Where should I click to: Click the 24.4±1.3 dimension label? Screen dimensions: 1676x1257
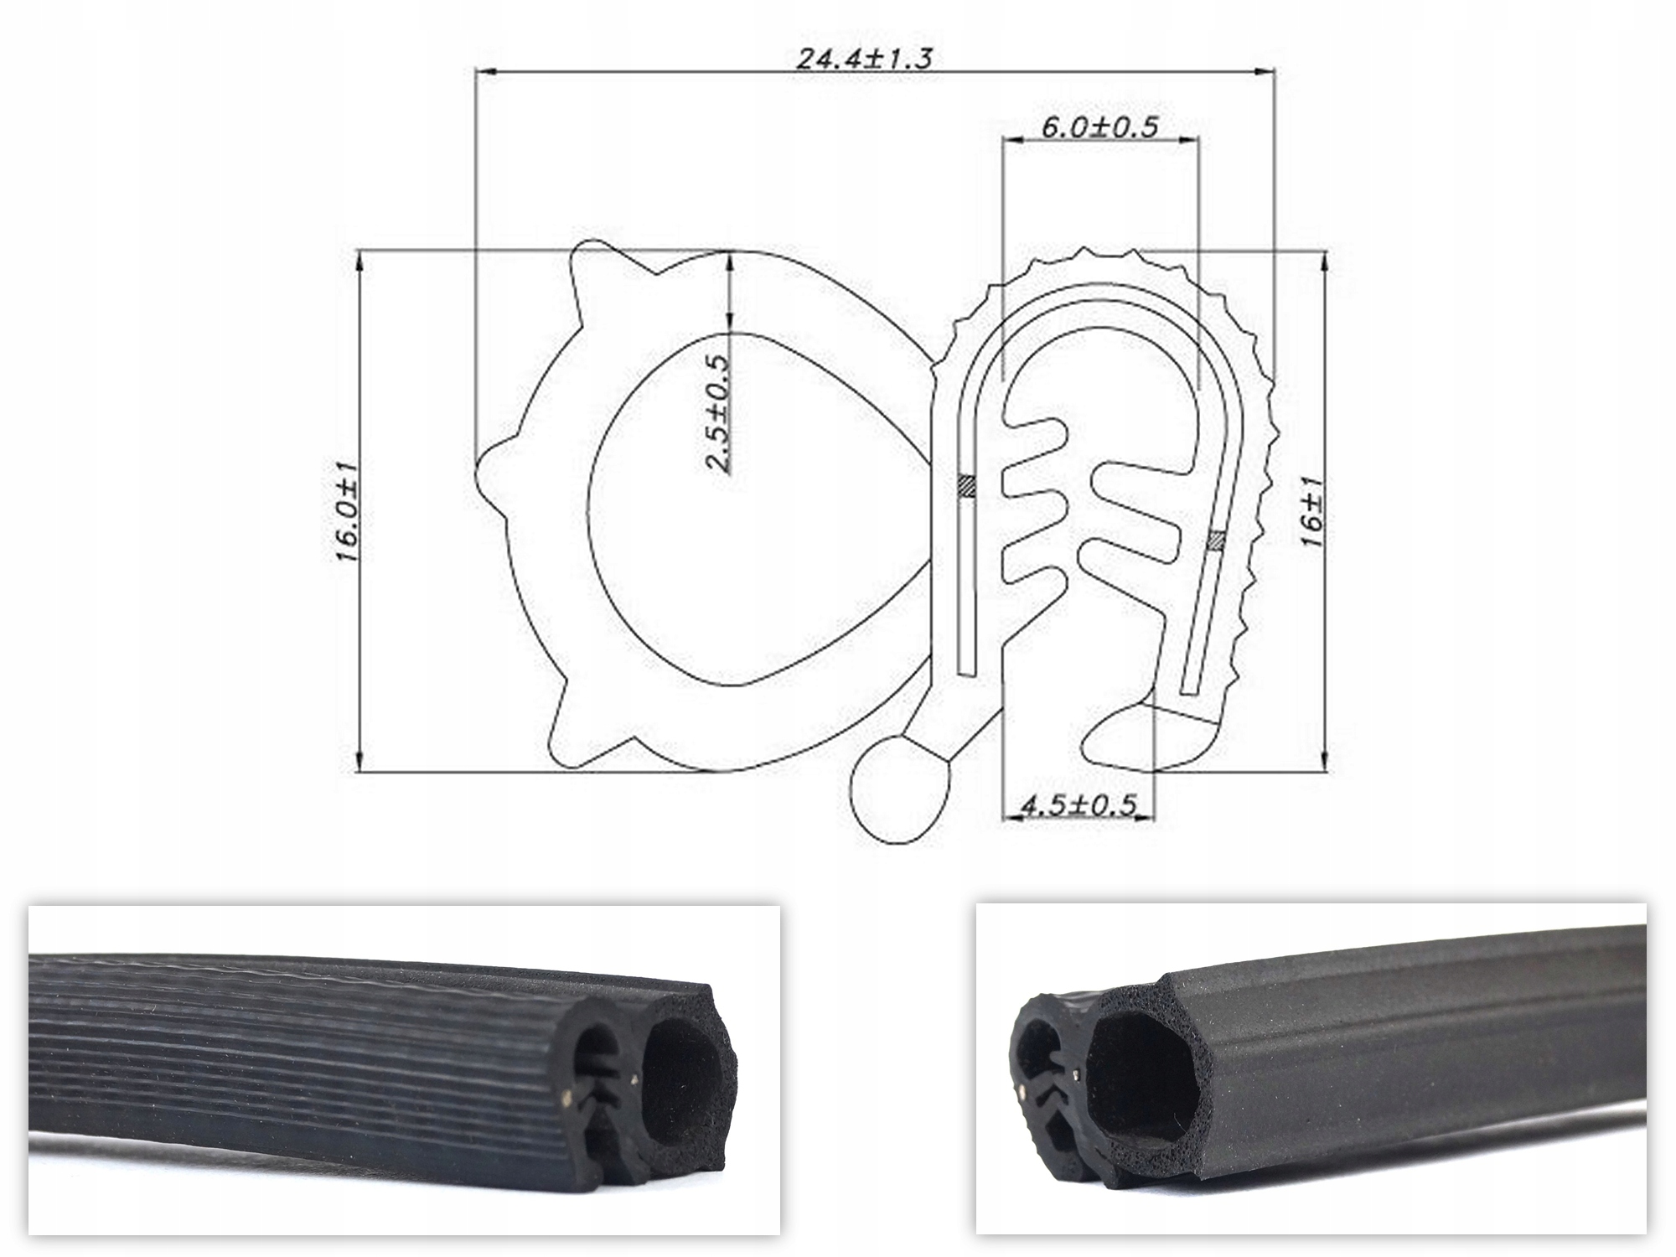864,59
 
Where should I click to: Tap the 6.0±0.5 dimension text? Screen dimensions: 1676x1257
1099,127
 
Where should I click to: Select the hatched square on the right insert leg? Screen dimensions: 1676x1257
1214,541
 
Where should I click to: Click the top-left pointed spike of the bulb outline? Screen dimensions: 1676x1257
587,253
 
